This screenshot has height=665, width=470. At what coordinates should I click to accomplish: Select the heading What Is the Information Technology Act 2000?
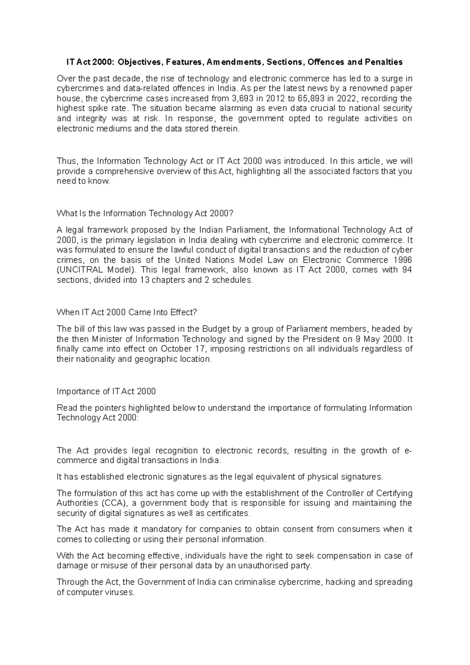click(145, 213)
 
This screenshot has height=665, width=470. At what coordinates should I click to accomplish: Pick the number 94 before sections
click(407, 270)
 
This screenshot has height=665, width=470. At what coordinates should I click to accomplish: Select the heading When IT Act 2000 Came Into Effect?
click(127, 312)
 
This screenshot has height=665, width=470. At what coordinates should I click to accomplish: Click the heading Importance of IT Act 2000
click(106, 391)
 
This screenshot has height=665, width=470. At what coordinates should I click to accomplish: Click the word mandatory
click(163, 529)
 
